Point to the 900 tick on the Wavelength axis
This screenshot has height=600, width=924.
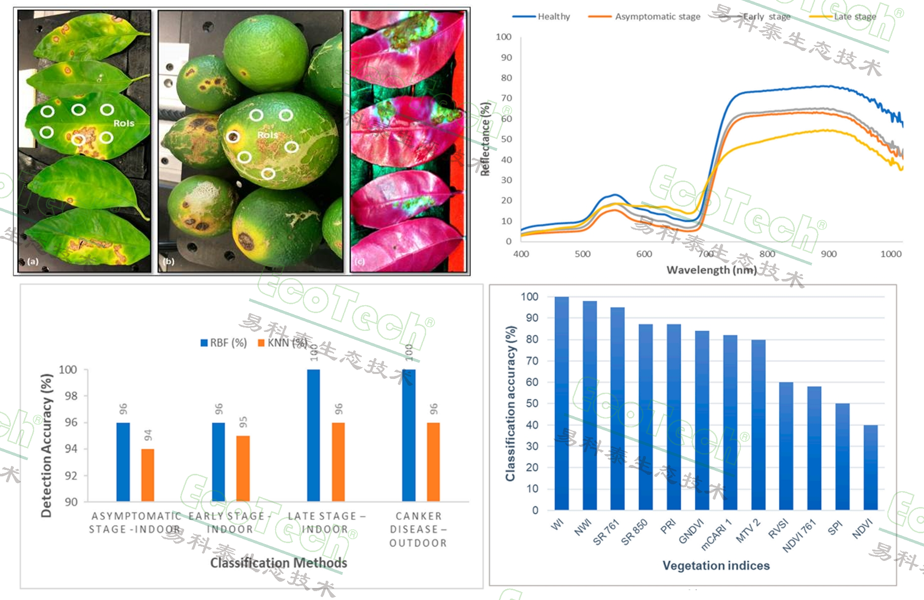828,254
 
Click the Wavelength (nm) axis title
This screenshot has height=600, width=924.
711,270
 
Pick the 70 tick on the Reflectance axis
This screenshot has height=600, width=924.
506,98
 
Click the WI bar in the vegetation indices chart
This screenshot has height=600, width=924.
562,403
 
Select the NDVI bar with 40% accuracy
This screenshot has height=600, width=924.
871,467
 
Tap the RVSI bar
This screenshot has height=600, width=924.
786,446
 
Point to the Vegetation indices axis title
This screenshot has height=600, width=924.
716,566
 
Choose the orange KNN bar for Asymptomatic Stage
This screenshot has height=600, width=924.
147,475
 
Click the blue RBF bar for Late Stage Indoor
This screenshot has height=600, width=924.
313,435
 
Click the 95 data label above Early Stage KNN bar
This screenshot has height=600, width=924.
243,422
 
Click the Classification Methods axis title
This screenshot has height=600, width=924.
279,563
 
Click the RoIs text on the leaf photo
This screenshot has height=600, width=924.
124,123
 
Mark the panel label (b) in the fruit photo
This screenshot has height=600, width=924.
169,261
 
